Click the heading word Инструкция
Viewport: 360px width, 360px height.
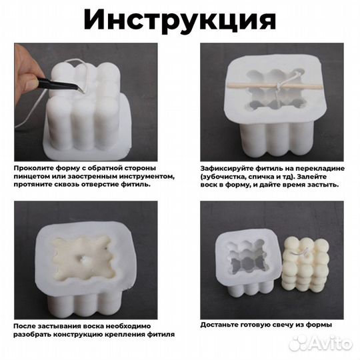179,20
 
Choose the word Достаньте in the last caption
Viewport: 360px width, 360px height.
221,325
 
